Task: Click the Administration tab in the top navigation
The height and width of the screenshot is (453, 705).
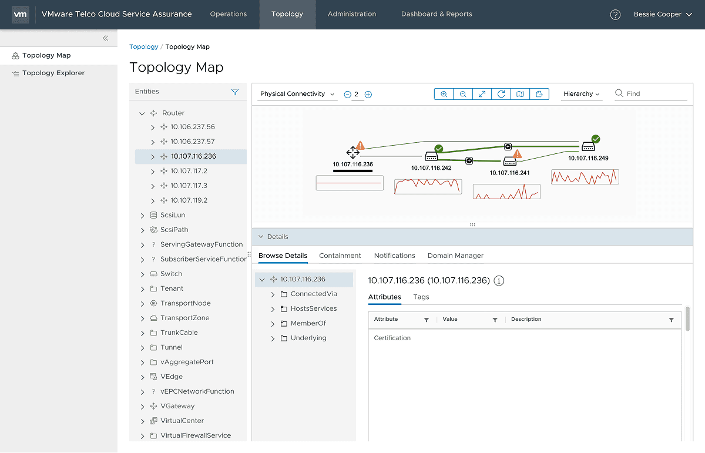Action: pos(352,14)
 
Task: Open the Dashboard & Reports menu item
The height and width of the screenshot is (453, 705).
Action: pos(437,14)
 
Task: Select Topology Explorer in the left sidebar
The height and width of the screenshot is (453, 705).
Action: pos(53,73)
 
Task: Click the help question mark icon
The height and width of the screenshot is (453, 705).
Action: pos(615,15)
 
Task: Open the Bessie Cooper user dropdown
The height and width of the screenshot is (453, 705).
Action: pos(663,14)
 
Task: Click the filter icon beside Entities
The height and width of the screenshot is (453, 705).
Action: pos(235,92)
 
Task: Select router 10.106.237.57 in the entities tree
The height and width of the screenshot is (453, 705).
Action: pos(193,142)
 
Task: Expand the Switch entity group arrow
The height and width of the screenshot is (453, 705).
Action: pos(142,274)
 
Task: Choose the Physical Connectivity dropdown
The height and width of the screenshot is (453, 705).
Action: pos(297,94)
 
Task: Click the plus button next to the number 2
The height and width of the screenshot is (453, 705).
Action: pos(368,95)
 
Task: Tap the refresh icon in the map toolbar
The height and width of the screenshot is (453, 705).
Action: pos(501,94)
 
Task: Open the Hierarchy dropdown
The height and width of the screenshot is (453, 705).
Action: pos(581,94)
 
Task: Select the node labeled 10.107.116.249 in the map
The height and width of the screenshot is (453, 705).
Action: pos(588,147)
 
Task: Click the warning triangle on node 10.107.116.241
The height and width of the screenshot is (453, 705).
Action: pos(517,154)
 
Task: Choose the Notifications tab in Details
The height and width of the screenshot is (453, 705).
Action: pos(395,256)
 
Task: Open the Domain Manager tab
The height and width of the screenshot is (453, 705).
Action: pos(455,256)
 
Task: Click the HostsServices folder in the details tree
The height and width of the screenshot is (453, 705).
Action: pos(313,308)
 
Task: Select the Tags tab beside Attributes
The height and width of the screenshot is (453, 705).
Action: pos(421,297)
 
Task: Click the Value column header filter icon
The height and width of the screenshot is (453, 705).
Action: pos(495,320)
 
